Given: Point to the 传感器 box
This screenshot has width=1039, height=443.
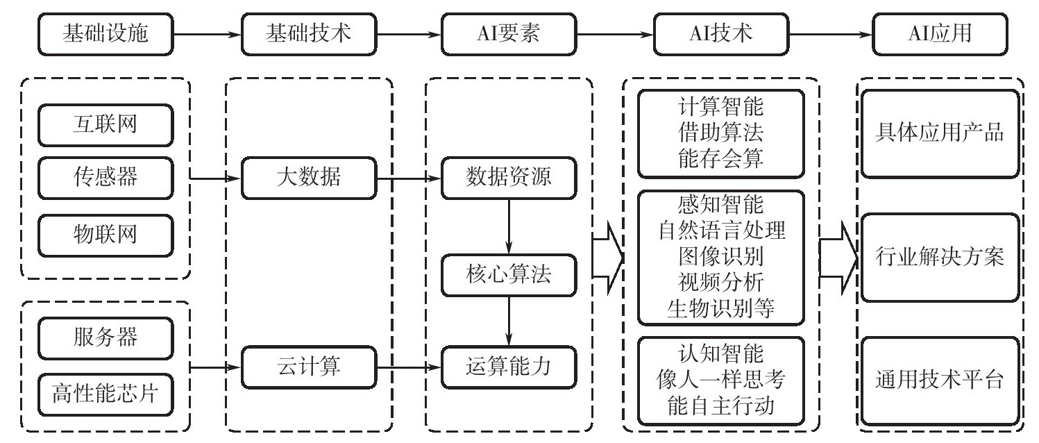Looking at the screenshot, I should tap(105, 178).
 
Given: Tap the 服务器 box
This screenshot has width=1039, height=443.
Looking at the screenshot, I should tap(105, 340).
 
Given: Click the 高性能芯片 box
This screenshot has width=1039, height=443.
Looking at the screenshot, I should tap(105, 394).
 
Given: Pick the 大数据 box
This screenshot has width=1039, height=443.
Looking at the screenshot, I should tap(307, 178).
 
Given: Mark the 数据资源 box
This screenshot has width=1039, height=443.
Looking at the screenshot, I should tap(509, 178).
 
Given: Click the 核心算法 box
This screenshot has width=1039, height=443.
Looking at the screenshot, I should tap(509, 274).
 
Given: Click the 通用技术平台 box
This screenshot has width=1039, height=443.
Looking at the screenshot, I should tap(941, 381).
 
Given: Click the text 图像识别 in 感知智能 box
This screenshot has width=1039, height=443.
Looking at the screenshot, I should tap(721, 257).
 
